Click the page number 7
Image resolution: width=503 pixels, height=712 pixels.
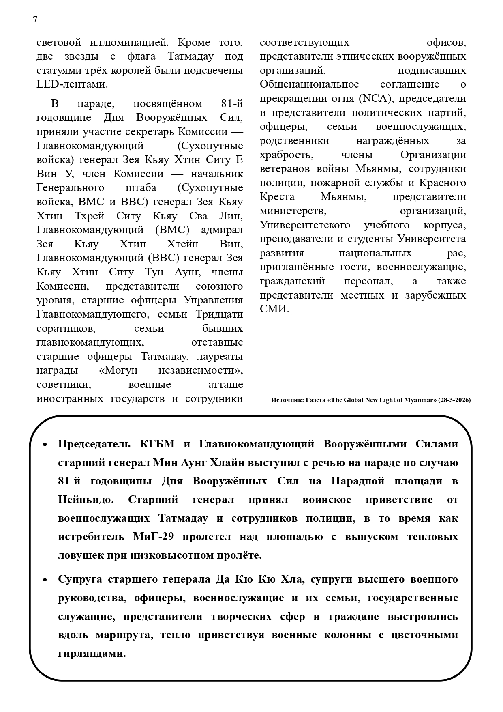(x=35, y=19)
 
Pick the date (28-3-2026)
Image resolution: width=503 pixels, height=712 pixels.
(x=454, y=400)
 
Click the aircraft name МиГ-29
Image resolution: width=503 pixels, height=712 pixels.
(x=154, y=536)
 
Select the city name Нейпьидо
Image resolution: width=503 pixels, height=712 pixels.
(x=86, y=499)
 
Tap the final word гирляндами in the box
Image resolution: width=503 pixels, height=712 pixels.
(x=92, y=653)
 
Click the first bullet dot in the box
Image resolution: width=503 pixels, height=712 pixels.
(x=45, y=445)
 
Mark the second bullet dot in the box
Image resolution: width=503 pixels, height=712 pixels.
(x=45, y=580)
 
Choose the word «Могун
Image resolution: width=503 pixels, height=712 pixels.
(x=118, y=370)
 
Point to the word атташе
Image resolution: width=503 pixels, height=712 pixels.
(x=225, y=384)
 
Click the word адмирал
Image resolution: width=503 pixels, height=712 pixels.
(x=222, y=230)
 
